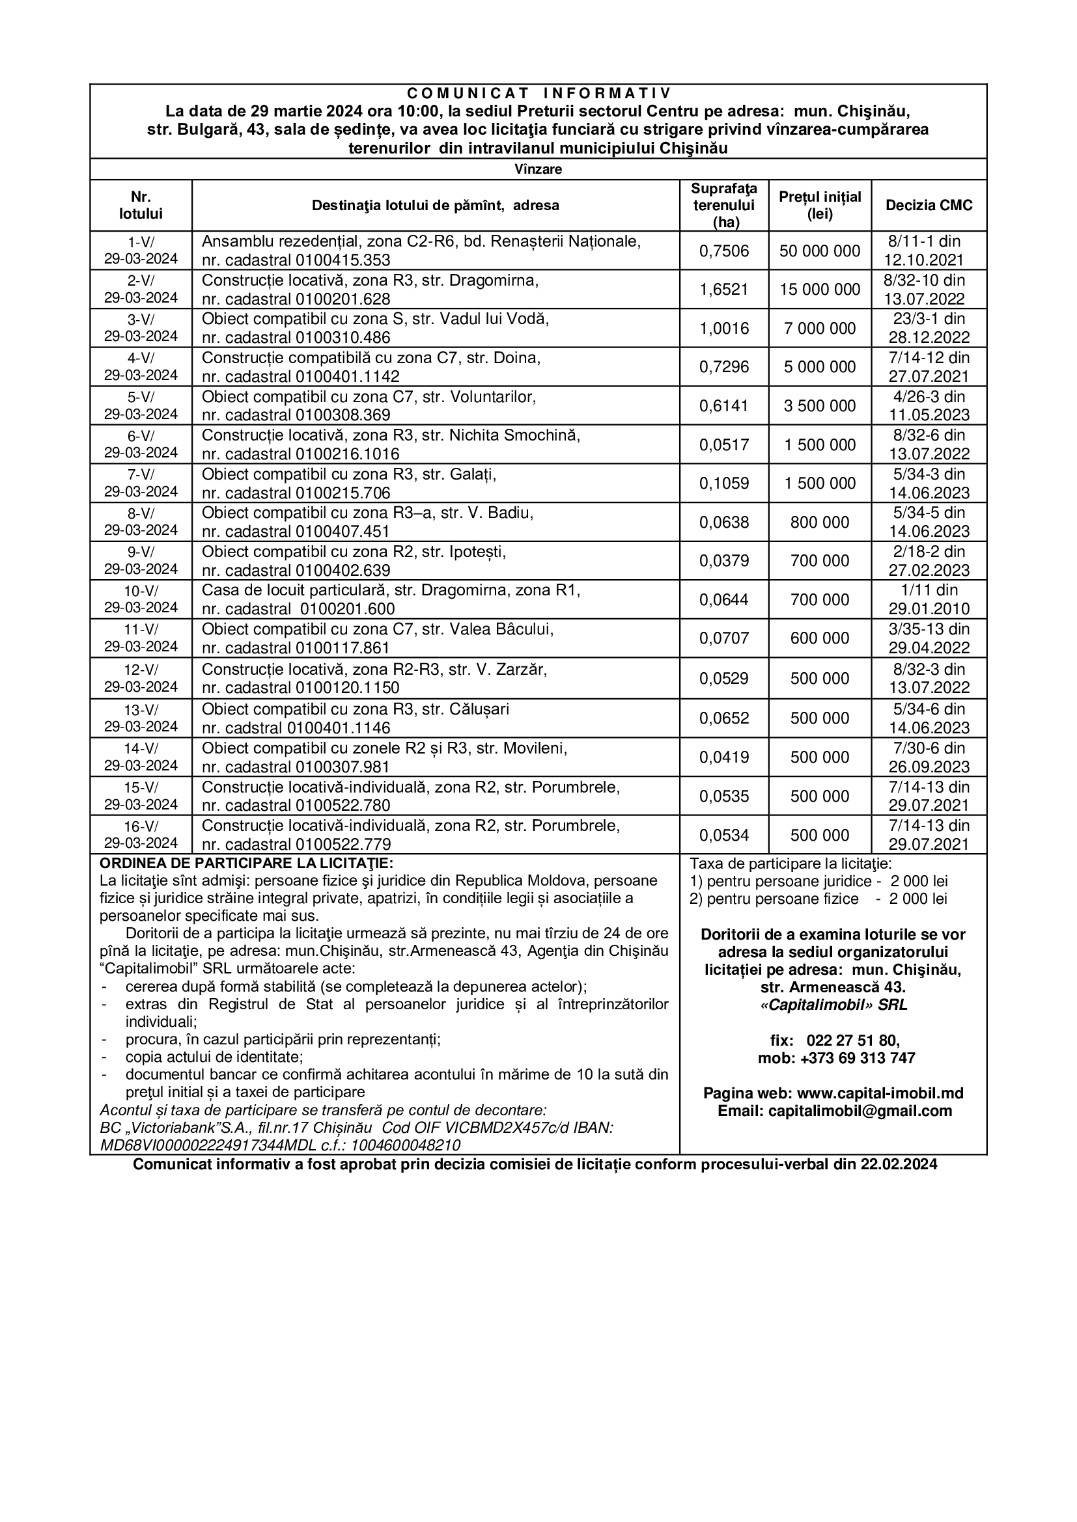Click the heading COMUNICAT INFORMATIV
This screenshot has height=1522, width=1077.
tap(538, 92)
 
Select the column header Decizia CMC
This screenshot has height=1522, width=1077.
tap(929, 205)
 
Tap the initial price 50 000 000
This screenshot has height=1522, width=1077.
tap(820, 251)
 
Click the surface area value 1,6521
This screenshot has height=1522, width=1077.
tap(723, 289)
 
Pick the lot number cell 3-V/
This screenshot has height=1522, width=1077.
tap(141, 319)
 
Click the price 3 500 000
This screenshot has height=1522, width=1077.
tap(820, 405)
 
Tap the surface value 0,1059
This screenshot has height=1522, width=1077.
tap(723, 483)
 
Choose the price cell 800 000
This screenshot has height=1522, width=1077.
tap(820, 523)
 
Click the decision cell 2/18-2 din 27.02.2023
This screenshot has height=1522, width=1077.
tap(929, 561)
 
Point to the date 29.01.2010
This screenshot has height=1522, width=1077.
tap(929, 609)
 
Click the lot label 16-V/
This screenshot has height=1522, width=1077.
tap(141, 826)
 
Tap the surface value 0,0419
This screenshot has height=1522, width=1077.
tap(723, 757)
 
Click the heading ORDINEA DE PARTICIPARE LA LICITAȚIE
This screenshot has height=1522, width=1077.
tap(246, 863)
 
